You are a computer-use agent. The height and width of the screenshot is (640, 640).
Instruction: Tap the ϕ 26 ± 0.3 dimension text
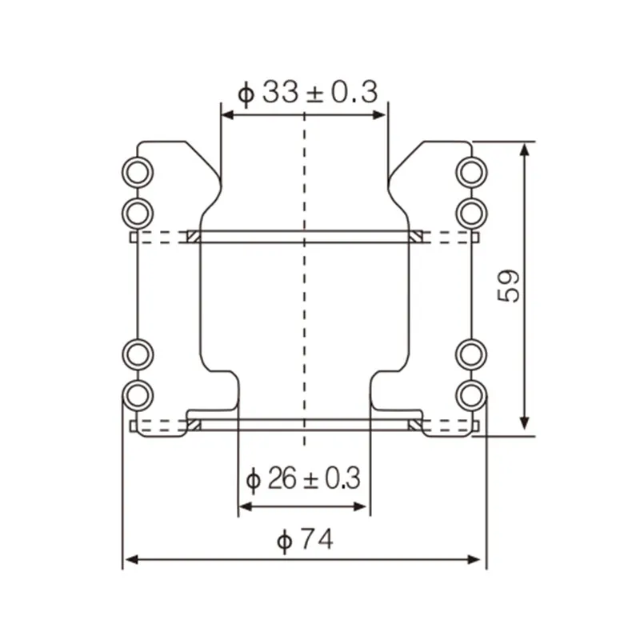[303, 479]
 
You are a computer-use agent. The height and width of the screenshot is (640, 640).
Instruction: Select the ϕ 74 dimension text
[304, 540]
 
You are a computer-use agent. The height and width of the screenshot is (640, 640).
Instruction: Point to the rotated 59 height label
[510, 285]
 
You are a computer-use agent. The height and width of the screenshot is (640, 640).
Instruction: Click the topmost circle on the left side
[138, 172]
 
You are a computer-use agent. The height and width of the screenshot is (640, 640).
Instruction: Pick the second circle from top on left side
[138, 212]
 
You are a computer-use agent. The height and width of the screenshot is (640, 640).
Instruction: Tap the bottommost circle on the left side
[138, 394]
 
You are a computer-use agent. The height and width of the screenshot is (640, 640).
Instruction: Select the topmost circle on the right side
[470, 172]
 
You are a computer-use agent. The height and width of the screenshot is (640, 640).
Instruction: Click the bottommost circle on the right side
[470, 394]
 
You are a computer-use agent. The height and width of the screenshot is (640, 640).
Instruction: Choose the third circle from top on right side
[470, 354]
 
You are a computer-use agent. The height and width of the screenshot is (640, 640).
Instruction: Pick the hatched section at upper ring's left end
[192, 236]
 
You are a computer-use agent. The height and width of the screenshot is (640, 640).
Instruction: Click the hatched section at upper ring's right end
[416, 236]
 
